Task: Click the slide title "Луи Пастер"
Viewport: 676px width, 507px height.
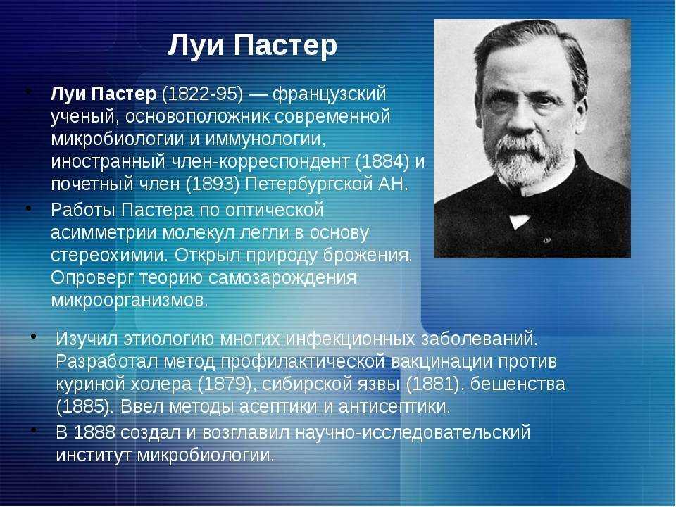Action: tap(252, 46)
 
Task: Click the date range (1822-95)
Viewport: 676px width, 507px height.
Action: tap(203, 94)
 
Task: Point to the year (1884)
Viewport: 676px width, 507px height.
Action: tap(382, 162)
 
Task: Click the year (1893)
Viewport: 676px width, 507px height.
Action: tap(213, 184)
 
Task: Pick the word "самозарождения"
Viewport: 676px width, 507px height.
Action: tap(282, 279)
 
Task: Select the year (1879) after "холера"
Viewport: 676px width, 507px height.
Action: tap(224, 384)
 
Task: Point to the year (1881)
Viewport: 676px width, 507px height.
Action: tap(433, 384)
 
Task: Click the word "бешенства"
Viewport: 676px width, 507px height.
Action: tap(518, 384)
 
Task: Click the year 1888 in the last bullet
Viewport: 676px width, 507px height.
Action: tap(94, 432)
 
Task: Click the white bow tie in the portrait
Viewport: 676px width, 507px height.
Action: tap(520, 220)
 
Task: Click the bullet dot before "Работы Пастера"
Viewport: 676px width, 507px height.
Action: tap(28, 208)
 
